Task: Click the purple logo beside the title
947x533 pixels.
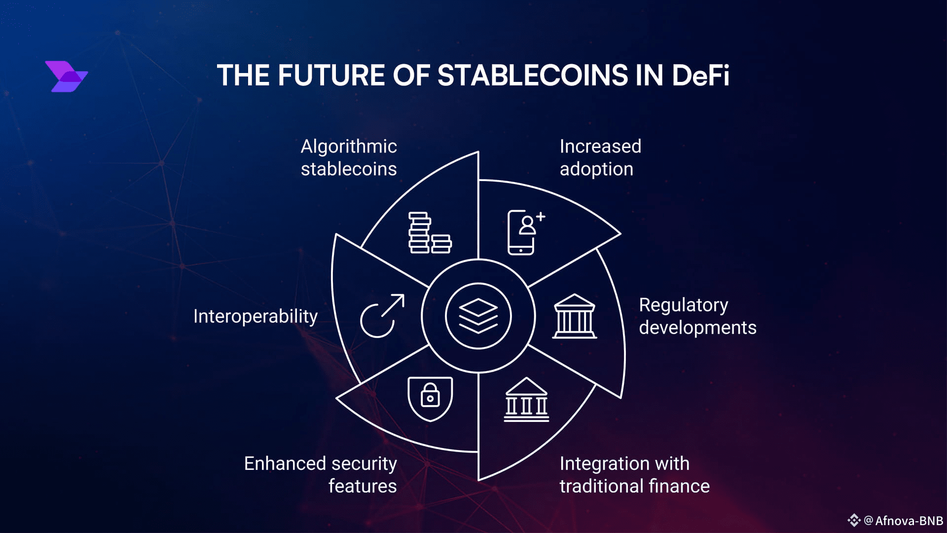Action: click(x=67, y=76)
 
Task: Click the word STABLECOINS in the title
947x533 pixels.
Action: click(x=533, y=76)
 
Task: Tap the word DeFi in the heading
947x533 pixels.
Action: click(x=700, y=76)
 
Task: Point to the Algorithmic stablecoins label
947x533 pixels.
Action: click(x=349, y=157)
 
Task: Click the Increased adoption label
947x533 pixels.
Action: click(x=600, y=157)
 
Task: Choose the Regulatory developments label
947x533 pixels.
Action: click(x=697, y=316)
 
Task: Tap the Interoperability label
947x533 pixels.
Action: click(x=255, y=316)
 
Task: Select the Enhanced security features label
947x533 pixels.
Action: click(x=321, y=475)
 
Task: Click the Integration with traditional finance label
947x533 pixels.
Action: click(x=634, y=475)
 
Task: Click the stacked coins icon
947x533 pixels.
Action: click(x=430, y=233)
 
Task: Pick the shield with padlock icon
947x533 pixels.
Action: click(x=430, y=399)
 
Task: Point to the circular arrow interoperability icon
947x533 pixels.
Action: click(x=382, y=316)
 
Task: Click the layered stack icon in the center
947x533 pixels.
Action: click(x=478, y=316)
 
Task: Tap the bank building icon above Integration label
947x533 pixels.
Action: click(x=526, y=400)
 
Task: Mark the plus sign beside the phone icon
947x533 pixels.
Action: click(x=541, y=216)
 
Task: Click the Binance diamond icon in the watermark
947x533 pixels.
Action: click(x=854, y=521)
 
